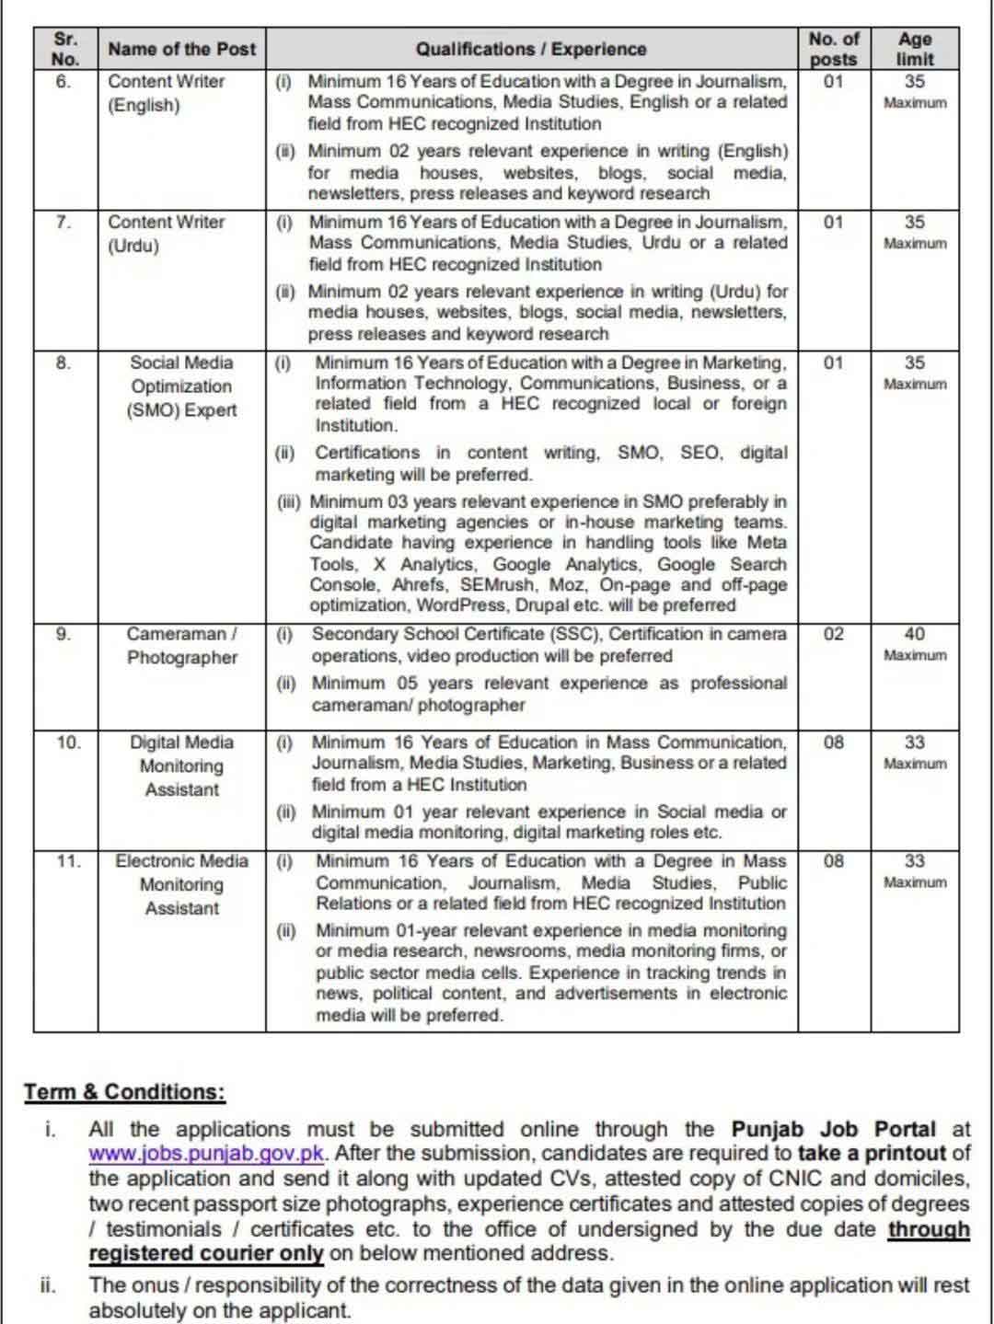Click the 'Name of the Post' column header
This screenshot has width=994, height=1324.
tap(181, 49)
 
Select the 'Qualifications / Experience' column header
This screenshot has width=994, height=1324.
tap(531, 49)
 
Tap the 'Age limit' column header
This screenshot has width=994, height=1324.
tap(914, 49)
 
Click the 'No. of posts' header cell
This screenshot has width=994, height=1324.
tap(833, 49)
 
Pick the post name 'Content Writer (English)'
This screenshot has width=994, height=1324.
tap(166, 93)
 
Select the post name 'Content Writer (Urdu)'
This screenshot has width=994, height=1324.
tap(166, 234)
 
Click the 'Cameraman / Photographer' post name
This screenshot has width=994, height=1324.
tap(181, 646)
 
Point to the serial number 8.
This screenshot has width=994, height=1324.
tap(63, 363)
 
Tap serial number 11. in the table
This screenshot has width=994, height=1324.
tap(67, 861)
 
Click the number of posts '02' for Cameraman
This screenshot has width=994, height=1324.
tap(833, 634)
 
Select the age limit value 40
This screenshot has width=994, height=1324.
tap(914, 634)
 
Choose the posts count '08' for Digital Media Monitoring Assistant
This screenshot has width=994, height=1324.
tap(833, 743)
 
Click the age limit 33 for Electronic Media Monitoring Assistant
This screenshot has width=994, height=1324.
tap(914, 861)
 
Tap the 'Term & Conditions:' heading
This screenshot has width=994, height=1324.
tap(124, 1092)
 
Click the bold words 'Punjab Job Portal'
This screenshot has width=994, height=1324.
tap(833, 1130)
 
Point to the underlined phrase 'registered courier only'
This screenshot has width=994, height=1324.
tap(206, 1253)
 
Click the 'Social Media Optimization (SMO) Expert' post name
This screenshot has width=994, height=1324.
tap(181, 386)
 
